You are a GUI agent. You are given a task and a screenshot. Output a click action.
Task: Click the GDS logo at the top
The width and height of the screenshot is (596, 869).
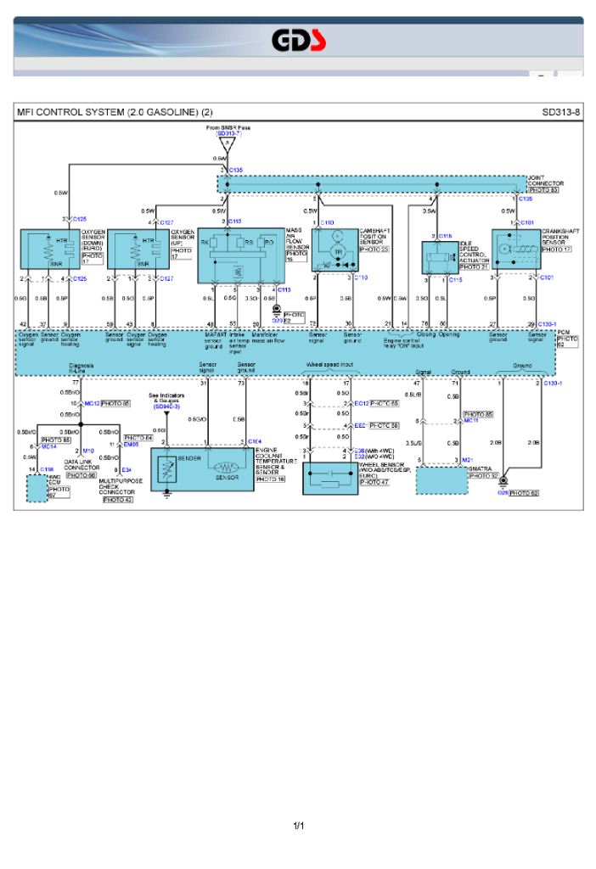pyautogui.click(x=298, y=40)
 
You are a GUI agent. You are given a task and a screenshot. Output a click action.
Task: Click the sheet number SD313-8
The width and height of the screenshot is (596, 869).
pyautogui.click(x=560, y=112)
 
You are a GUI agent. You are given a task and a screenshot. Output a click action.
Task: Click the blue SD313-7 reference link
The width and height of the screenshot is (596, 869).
pyautogui.click(x=228, y=133)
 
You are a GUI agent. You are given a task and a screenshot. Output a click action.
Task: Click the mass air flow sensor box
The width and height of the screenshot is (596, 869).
pyautogui.click(x=241, y=255)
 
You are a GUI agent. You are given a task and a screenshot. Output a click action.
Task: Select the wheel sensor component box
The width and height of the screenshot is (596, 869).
pyautogui.click(x=330, y=479)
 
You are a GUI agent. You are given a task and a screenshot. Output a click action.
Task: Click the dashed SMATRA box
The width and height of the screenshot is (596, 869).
pyautogui.click(x=441, y=479)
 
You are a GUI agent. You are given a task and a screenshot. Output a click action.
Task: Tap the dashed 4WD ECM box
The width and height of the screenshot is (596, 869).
pyautogui.click(x=37, y=489)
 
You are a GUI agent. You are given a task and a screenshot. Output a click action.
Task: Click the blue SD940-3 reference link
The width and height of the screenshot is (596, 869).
pyautogui.click(x=166, y=407)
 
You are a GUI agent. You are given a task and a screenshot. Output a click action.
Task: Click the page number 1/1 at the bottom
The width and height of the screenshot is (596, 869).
pyautogui.click(x=298, y=826)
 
